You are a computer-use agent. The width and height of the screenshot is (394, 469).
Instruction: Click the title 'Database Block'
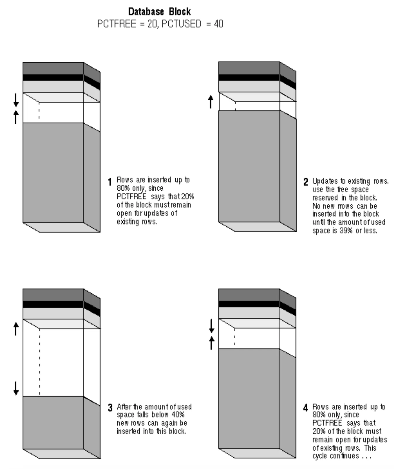tap(160, 12)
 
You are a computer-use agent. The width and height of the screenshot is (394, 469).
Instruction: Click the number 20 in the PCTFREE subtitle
tap(152, 24)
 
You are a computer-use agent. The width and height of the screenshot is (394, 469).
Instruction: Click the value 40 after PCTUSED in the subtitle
tap(218, 24)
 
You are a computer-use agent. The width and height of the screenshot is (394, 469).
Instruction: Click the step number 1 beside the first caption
tap(110, 182)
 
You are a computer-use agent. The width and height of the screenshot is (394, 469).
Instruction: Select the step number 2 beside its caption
tap(306, 182)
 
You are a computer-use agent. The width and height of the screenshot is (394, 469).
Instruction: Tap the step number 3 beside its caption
tap(110, 408)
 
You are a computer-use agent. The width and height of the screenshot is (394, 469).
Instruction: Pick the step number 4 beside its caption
tap(306, 408)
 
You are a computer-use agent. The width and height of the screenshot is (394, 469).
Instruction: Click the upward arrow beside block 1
tap(16, 117)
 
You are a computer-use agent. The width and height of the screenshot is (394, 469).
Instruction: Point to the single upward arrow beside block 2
tap(210, 101)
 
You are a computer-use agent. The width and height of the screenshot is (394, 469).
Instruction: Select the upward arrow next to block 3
tap(16, 329)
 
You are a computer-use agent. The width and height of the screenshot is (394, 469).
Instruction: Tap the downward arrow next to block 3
tap(16, 388)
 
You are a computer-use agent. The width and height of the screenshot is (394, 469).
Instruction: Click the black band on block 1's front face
tap(53, 77)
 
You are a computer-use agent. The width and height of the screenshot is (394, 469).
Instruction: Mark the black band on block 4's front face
tap(249, 304)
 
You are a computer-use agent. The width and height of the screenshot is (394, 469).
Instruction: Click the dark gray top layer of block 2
tap(249, 68)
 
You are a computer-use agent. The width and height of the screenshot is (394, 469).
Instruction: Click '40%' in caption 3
tap(178, 415)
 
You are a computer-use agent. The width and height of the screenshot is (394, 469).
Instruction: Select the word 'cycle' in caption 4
tap(319, 456)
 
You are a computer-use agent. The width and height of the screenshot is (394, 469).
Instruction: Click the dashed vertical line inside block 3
tap(40, 363)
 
